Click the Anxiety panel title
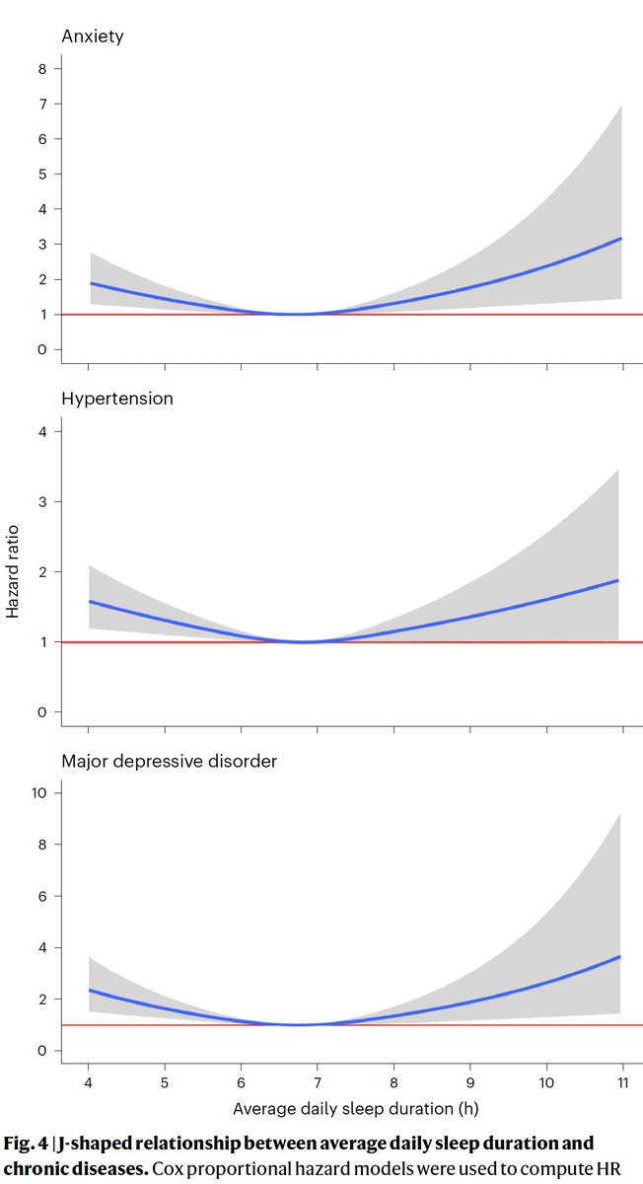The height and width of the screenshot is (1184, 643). click(x=92, y=37)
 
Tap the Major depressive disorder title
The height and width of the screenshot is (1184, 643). click(x=170, y=761)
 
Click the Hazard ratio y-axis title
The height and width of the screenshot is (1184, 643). click(x=13, y=570)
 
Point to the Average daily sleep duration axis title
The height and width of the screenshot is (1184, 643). click(x=355, y=1108)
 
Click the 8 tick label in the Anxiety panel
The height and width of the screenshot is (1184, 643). click(x=41, y=68)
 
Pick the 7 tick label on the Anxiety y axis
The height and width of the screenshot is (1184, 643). click(x=41, y=104)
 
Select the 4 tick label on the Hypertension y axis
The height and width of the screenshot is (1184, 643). click(x=41, y=431)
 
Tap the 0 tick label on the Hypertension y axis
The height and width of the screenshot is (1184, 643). click(x=41, y=712)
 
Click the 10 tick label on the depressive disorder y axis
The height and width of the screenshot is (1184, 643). click(x=38, y=793)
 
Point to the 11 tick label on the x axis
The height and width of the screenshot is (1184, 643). click(x=622, y=1083)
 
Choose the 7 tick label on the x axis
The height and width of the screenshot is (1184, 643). click(x=318, y=1083)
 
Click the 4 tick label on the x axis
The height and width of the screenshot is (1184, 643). click(x=89, y=1083)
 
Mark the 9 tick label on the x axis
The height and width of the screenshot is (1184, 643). click(x=470, y=1083)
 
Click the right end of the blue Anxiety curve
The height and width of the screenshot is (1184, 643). click(x=620, y=239)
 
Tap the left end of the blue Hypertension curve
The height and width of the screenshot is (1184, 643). click(x=91, y=601)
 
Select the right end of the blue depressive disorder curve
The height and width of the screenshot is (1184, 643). click(x=619, y=957)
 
